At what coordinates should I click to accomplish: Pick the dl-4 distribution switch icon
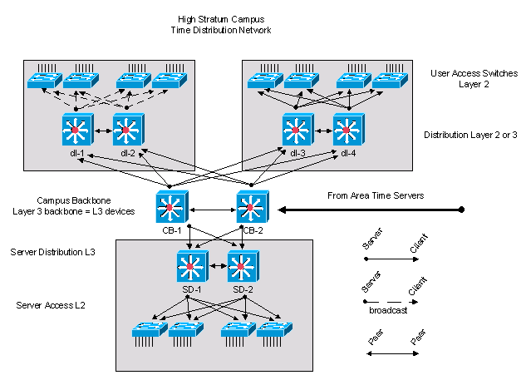tap(349, 131)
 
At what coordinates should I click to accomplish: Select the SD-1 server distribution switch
tap(193, 267)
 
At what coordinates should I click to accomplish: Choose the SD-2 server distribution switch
tap(244, 267)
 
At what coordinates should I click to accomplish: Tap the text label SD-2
tap(243, 289)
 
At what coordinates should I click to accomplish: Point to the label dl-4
tap(349, 153)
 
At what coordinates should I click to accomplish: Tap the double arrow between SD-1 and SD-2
tap(218, 267)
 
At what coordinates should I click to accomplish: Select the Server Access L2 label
tap(50, 305)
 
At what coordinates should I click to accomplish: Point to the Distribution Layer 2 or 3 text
tap(470, 134)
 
